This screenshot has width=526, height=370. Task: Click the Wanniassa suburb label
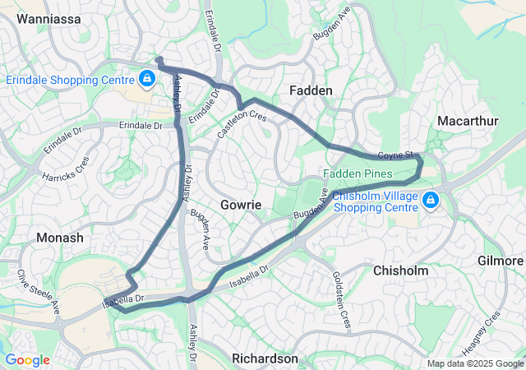[48, 17]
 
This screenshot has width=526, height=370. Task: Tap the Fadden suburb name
[311, 90]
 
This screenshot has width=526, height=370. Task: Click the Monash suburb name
[60, 237]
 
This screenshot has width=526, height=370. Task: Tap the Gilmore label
[500, 261]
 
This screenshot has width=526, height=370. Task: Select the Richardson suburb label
[265, 358]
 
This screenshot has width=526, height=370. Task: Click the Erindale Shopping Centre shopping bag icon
[146, 79]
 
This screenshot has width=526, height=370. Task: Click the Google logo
[27, 359]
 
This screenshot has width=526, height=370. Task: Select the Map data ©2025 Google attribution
[474, 363]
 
